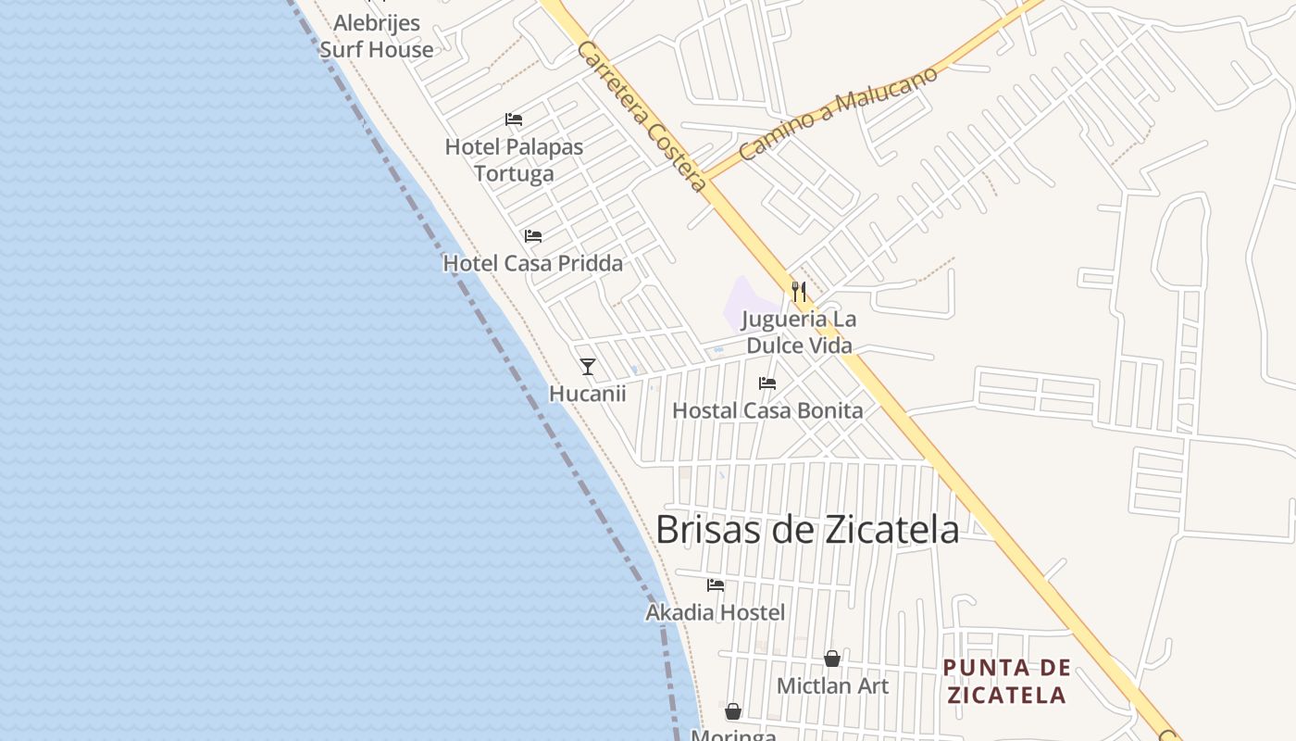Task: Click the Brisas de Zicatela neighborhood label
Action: coord(806,529)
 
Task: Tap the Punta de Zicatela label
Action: coord(1006,681)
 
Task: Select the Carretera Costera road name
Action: coord(641,116)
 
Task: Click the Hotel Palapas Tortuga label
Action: coord(514,159)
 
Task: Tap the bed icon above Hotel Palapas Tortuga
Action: coord(514,119)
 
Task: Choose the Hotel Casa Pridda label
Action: coord(532,263)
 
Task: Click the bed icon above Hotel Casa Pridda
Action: coord(533,236)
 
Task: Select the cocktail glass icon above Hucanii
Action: coord(588,367)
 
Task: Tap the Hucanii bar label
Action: coord(588,394)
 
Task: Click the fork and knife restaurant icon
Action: coord(799,292)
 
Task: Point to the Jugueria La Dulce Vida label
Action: coord(799,333)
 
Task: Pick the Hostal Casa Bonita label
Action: coord(767,410)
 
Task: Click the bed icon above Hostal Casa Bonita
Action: coord(767,383)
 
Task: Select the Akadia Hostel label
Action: coord(715,612)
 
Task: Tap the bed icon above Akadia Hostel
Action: coord(716,585)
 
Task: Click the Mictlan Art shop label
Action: coord(832,685)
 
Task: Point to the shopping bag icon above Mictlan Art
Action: coord(832,659)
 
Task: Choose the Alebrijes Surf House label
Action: coord(376,36)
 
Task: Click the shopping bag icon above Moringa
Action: coord(733,711)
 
